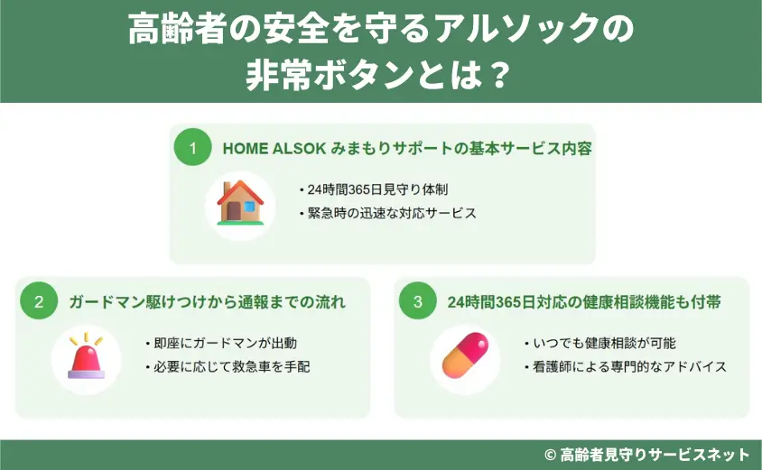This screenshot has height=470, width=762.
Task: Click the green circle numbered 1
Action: [191, 148]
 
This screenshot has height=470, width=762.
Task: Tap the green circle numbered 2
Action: [39, 301]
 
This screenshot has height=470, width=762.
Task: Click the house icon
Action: [240, 202]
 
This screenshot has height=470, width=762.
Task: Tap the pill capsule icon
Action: [465, 356]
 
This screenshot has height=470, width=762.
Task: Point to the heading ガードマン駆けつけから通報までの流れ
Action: [207, 301]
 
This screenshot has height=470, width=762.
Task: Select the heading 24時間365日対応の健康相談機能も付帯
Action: [583, 301]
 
